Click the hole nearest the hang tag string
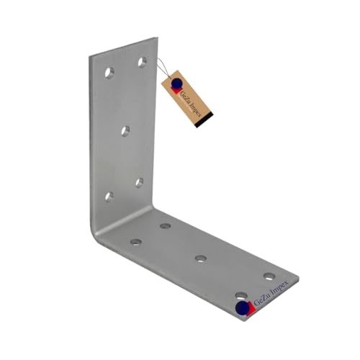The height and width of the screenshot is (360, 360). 143,62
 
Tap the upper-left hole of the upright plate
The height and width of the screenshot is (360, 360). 109,73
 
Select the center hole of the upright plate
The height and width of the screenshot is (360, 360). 125,130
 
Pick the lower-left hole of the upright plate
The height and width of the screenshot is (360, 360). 109,196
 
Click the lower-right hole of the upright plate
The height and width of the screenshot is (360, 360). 139,182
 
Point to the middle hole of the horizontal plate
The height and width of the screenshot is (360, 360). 201,258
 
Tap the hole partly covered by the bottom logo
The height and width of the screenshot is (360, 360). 241,296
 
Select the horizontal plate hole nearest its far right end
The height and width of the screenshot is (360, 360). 269,276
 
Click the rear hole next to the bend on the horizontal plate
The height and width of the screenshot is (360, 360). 166,226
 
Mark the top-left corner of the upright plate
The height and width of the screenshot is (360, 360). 92,57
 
